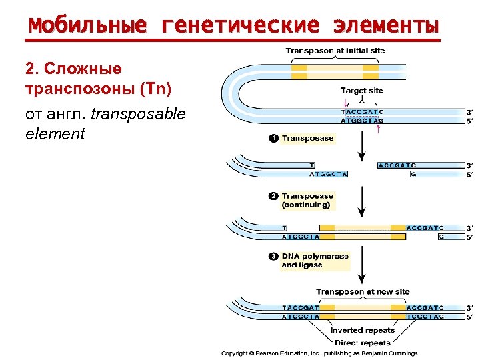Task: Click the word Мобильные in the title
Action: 87,26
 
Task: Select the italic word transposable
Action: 138,114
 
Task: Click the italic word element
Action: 55,134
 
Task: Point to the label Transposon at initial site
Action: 335,51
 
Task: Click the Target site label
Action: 362,90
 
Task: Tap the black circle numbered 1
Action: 272,139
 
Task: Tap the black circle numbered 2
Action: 272,196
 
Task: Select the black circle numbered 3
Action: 272,256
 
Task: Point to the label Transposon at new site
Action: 363,292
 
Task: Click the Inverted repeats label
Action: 362,330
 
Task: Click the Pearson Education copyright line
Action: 320,353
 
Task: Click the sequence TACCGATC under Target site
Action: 362,111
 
